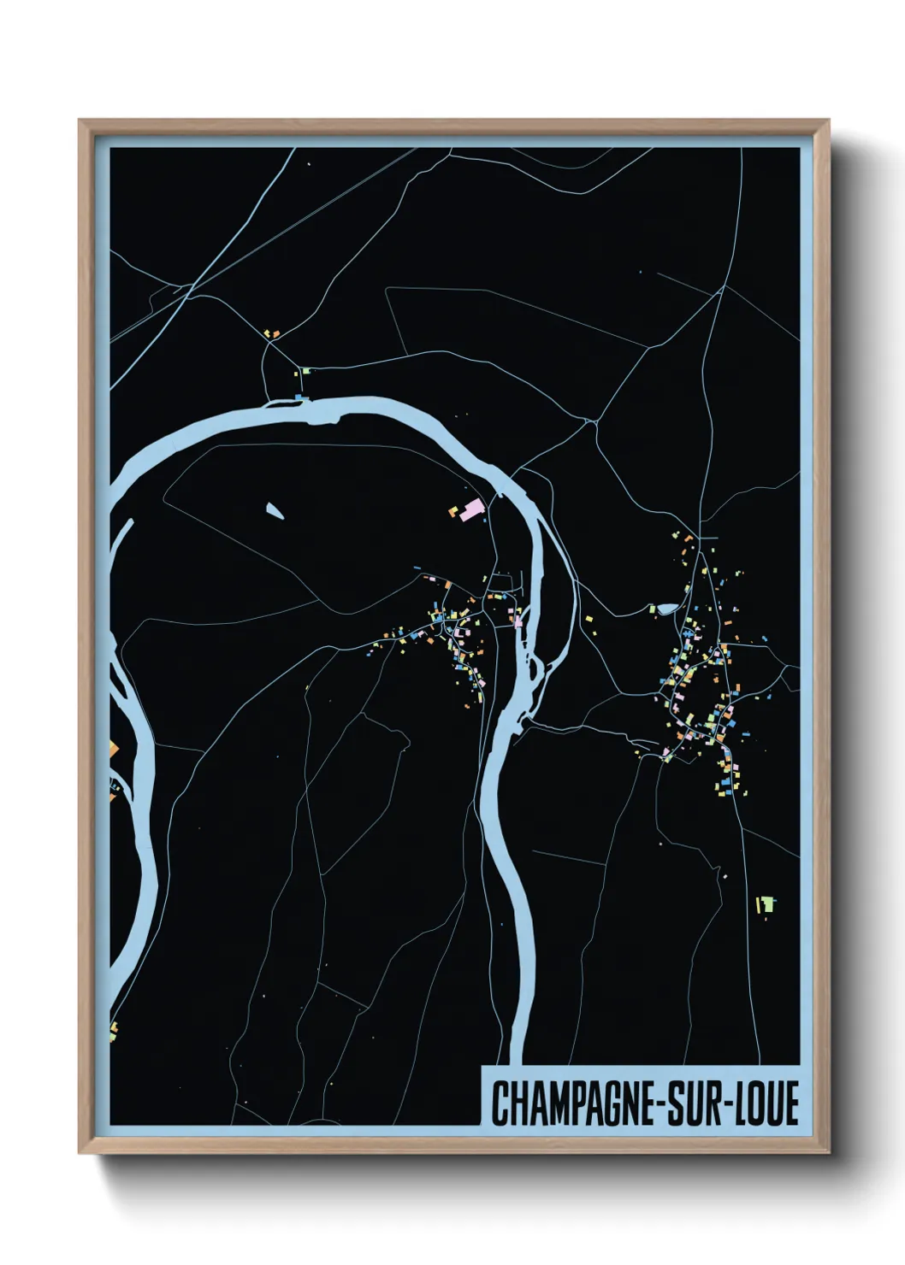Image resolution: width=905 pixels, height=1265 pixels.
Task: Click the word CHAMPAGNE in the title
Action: pos(571,1103)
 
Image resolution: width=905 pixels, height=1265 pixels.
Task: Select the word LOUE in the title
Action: pos(766,1103)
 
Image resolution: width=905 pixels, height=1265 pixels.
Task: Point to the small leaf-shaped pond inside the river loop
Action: pos(275,510)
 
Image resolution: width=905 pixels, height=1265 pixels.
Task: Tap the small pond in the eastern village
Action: pos(665,609)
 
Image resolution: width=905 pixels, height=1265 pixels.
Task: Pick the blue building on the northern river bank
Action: pos(299,397)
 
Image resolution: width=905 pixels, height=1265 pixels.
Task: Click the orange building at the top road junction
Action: pos(269,332)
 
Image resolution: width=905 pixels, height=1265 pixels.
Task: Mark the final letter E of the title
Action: pos(790,1103)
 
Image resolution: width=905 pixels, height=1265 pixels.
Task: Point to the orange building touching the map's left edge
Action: pos(112,750)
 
